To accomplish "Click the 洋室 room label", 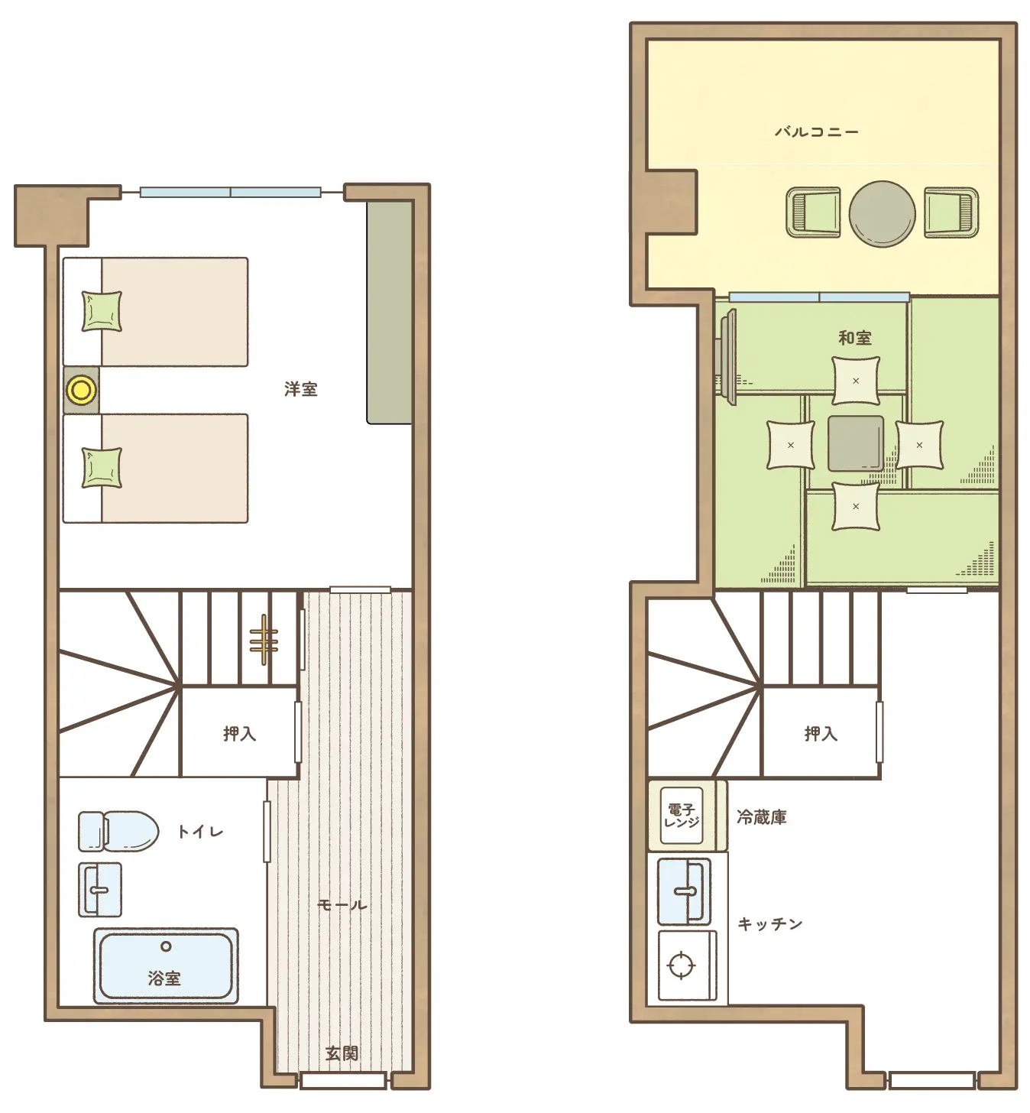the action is point(301,389).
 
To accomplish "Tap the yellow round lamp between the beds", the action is point(81,390).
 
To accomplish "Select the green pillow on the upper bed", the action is point(102,312).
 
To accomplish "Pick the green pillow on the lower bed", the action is point(102,468).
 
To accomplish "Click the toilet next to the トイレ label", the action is point(118,831).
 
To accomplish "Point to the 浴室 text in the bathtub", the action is point(164,978).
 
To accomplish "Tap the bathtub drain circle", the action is point(166,946).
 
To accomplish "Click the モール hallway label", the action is point(342,905).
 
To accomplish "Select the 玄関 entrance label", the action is point(342,1053).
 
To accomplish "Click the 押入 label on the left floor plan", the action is point(240,734).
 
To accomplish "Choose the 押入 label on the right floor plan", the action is point(821,734).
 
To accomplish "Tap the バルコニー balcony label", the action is point(817,132).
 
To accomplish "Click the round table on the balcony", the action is point(882,214).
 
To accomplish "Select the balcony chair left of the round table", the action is point(813,213).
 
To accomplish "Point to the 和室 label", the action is point(855,338).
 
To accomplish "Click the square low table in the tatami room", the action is point(856,443).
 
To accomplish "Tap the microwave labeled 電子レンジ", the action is point(682,816).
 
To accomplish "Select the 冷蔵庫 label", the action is point(762,817).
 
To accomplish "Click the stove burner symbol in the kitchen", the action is point(682,965).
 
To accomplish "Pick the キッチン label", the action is point(770,923).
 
